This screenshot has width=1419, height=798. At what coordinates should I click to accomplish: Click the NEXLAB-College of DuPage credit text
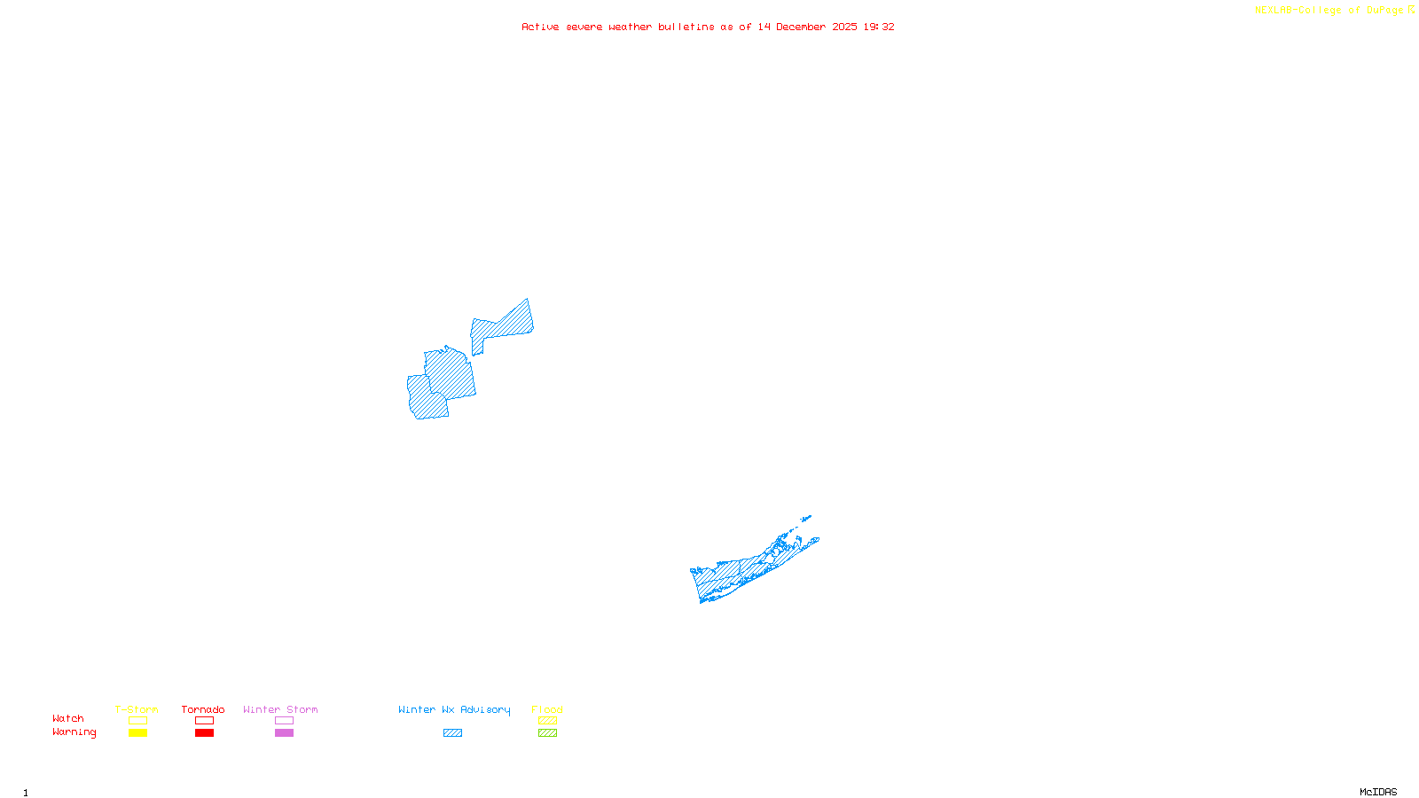(1329, 11)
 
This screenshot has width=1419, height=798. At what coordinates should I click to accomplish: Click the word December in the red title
(801, 27)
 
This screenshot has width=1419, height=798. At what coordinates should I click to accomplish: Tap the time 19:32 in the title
(879, 27)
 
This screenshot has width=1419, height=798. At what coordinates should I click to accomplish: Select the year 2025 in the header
(844, 27)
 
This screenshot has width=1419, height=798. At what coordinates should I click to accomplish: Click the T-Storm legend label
(137, 709)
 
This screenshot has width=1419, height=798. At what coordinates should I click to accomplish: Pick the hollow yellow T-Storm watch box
(137, 721)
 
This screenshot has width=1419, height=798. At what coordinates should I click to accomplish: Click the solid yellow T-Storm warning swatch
(137, 733)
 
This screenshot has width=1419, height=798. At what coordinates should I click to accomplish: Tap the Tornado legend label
(203, 709)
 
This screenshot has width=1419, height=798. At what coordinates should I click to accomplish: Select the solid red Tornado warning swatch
(204, 733)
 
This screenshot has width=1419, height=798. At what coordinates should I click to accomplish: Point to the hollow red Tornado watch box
(204, 721)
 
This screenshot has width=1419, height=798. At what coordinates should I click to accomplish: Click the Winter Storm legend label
(280, 709)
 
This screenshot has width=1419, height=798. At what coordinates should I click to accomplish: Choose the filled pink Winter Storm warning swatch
(284, 733)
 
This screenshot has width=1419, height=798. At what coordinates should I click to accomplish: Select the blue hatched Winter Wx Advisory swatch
(452, 733)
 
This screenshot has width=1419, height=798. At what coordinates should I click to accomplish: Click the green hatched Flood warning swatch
(547, 733)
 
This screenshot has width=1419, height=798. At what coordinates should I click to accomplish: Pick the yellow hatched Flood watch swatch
(547, 721)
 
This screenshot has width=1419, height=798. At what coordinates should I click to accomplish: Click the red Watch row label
(68, 719)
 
